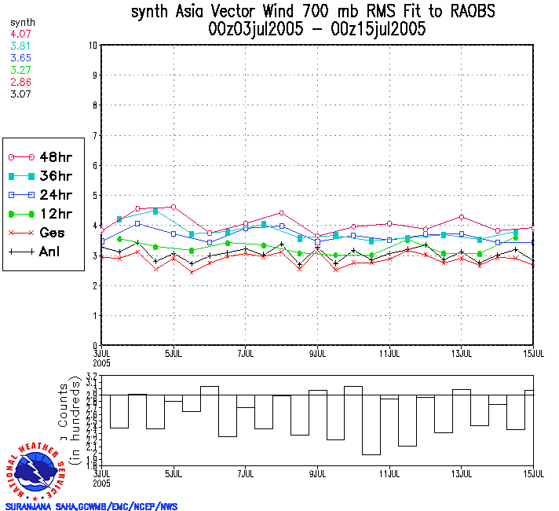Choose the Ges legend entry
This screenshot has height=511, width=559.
(43, 233)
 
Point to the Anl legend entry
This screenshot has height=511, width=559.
(43, 252)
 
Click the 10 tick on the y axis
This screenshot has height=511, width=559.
(93, 46)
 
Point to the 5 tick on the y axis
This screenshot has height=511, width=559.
(95, 196)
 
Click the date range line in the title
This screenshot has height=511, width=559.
(317, 30)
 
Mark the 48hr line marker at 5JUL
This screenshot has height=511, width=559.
(174, 207)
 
